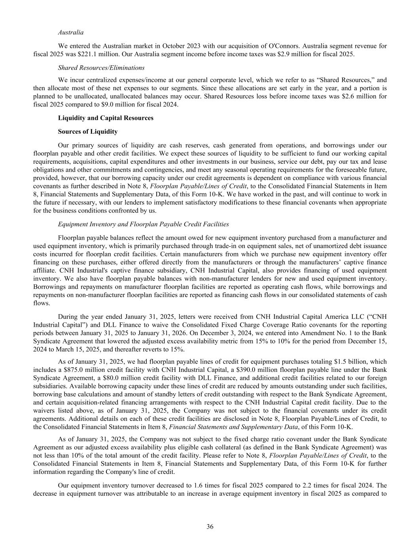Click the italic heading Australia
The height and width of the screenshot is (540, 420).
coord(70,32)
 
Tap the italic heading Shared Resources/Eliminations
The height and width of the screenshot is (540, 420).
coord(101,68)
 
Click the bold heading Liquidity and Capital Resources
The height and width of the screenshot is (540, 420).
coord(106,118)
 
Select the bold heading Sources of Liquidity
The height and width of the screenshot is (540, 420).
coord(87,131)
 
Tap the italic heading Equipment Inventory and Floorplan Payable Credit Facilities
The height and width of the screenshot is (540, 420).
coord(143,224)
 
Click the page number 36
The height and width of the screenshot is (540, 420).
coord(210,527)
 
